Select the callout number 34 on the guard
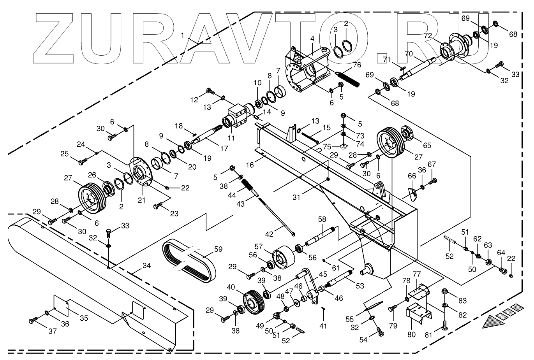pyautogui.click(x=146, y=266)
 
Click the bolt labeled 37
pyautogui.click(x=32, y=321)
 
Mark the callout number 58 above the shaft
pyautogui.click(x=322, y=220)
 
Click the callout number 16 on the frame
pyautogui.click(x=250, y=165)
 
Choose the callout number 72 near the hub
pyautogui.click(x=428, y=35)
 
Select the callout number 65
pyautogui.click(x=427, y=145)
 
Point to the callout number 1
pyautogui.click(x=182, y=35)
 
